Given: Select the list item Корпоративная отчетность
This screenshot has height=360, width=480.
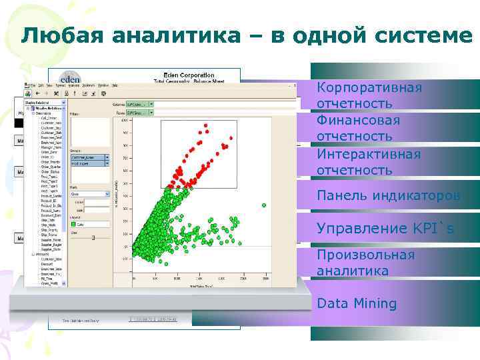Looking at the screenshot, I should coord(369,96).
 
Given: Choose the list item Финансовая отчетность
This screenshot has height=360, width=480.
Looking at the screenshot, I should coord(358,128).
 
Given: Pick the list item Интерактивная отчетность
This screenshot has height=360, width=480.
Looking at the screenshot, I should coord(369,162).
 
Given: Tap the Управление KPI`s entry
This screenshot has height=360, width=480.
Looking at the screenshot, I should coord(385,228).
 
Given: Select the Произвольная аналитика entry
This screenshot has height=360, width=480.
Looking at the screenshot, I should coord(365,263).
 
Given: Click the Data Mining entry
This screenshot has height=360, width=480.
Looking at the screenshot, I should coord(357,304).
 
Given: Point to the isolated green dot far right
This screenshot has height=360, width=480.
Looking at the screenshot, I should coord(264,205).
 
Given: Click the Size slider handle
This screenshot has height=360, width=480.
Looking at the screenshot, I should coord(93,237).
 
